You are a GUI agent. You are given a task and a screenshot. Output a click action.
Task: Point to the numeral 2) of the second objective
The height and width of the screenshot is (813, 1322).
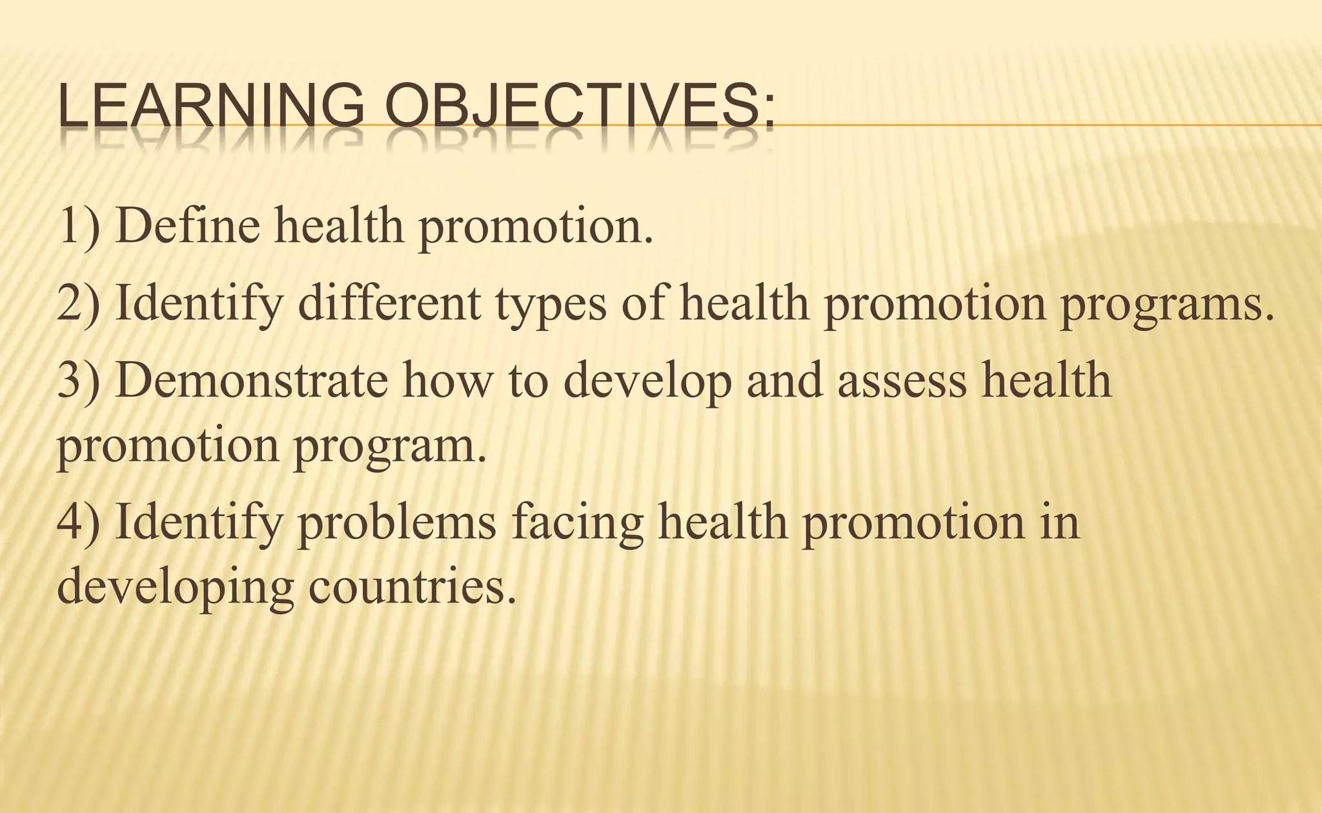(79, 303)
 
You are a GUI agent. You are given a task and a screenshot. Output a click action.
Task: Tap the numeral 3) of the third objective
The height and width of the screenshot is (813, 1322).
(79, 381)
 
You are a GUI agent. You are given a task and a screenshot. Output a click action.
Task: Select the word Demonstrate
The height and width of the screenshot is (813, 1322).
(252, 380)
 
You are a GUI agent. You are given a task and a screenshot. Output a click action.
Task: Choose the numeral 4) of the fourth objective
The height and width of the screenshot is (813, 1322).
(79, 523)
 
